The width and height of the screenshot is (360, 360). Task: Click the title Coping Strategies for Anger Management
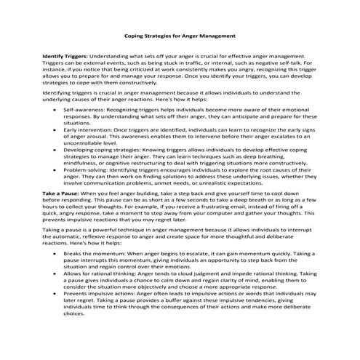click(x=180, y=34)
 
